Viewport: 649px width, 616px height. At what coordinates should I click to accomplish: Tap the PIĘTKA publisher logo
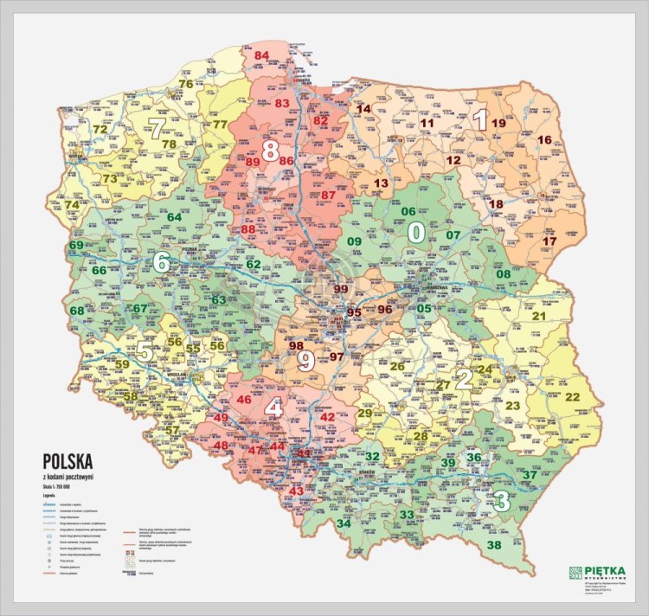click(x=596, y=574)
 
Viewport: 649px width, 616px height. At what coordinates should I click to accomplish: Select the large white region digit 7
click(x=157, y=131)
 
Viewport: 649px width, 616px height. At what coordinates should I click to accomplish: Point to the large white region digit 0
click(x=416, y=233)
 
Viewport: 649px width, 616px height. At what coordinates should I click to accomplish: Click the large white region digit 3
click(x=500, y=499)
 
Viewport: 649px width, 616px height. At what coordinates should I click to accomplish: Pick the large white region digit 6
click(x=161, y=262)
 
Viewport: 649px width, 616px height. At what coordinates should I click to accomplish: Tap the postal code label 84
click(x=262, y=56)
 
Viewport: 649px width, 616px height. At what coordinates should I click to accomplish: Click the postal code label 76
click(x=185, y=84)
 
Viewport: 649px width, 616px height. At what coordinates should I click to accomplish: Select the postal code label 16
click(x=544, y=139)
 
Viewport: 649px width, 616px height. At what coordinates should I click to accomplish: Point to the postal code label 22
click(x=572, y=396)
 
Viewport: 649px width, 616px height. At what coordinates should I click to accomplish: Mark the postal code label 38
click(x=494, y=545)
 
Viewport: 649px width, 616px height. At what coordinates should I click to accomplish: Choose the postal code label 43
click(x=297, y=491)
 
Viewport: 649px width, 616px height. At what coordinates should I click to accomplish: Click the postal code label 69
click(x=77, y=246)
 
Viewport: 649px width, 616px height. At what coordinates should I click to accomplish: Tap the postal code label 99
click(x=340, y=289)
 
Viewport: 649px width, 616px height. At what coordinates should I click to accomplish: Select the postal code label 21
click(x=538, y=316)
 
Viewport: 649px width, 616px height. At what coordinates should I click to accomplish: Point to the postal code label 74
click(x=71, y=205)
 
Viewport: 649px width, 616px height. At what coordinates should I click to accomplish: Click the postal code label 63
click(x=219, y=300)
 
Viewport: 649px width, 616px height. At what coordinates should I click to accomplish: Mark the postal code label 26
click(x=397, y=366)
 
